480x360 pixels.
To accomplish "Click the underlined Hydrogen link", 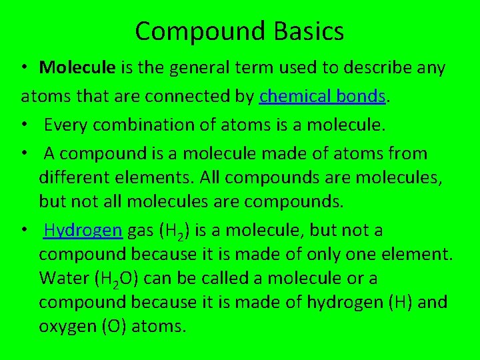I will pyautogui.click(x=83, y=230).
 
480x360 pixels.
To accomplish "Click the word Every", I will pyautogui.click(x=70, y=125).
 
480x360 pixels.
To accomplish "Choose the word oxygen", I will pyautogui.click(x=65, y=326).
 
